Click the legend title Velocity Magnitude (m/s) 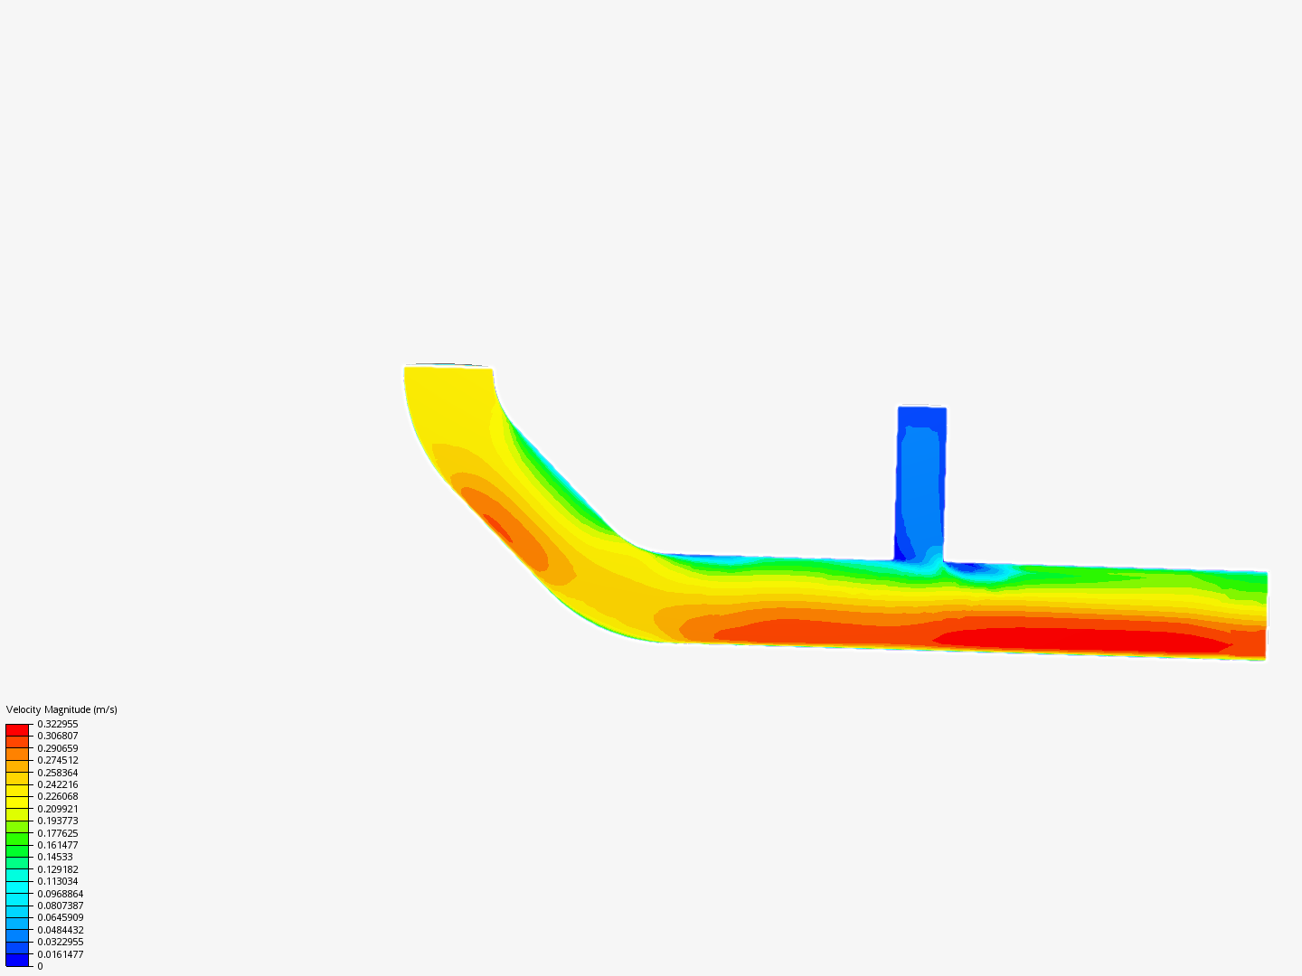(x=61, y=709)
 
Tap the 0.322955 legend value (x=58, y=724)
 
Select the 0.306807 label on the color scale (x=58, y=736)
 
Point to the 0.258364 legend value (x=58, y=773)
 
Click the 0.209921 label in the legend (x=58, y=809)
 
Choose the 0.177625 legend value (x=58, y=833)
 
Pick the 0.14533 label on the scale (x=55, y=857)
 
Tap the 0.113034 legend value (x=58, y=881)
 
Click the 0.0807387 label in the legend (x=61, y=906)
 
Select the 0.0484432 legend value (x=61, y=930)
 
